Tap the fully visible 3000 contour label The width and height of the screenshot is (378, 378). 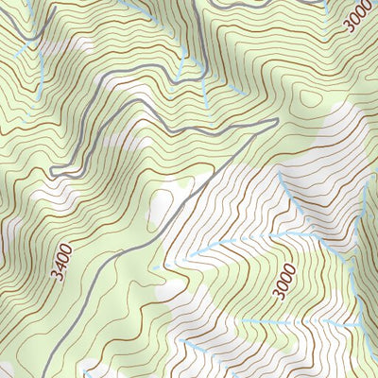284,281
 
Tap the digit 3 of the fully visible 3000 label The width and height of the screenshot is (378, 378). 281,295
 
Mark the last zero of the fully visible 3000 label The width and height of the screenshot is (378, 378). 288,267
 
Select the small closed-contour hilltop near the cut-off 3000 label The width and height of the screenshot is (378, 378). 308,97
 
